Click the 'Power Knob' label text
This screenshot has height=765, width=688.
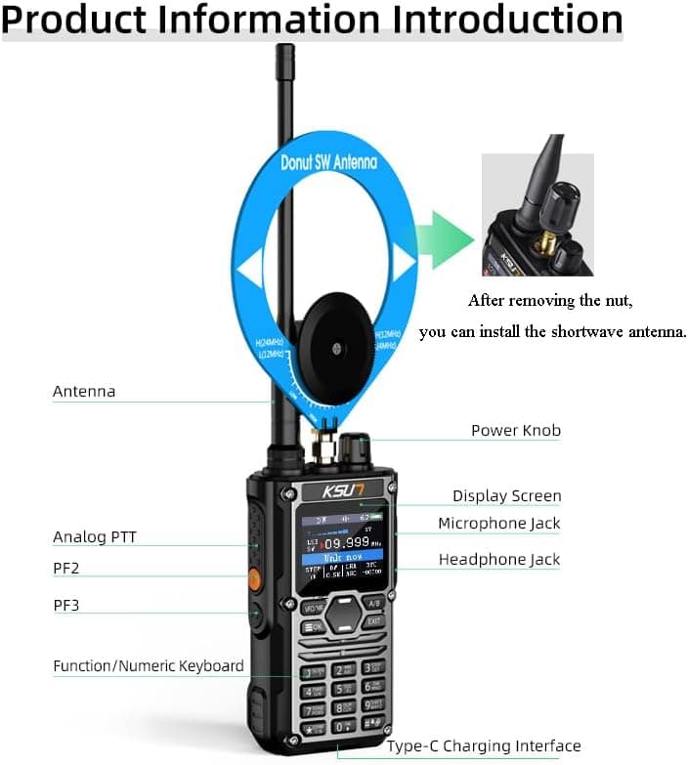516,430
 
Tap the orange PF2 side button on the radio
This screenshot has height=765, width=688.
254,578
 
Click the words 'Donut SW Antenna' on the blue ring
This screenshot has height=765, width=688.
327,161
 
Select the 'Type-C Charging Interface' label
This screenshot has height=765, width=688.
484,746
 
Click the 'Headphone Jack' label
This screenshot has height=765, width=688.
498,560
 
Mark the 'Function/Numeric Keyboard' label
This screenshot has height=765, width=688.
149,666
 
